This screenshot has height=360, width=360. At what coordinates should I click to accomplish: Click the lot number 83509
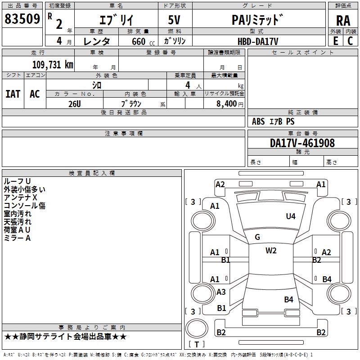tap(22, 19)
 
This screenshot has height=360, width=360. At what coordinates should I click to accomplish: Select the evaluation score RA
tap(343, 21)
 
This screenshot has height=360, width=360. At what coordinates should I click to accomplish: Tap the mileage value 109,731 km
tap(53, 65)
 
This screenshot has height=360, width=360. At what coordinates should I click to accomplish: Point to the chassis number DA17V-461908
tap(302, 143)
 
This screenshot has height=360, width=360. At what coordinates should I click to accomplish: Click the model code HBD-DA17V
tap(258, 41)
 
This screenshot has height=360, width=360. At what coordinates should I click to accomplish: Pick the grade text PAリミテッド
tap(257, 20)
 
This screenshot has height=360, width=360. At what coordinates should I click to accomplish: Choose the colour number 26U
tap(75, 104)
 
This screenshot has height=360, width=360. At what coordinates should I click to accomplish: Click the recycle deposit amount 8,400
tap(227, 104)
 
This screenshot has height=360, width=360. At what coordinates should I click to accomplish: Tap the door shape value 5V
tap(174, 20)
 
